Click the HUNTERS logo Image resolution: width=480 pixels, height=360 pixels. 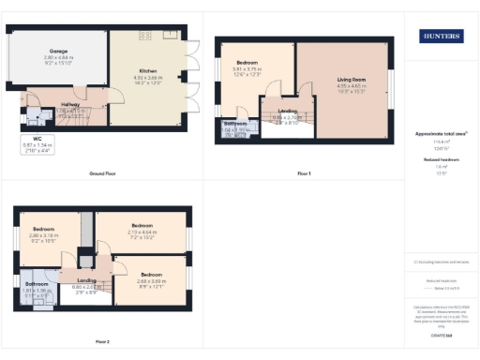[441, 37]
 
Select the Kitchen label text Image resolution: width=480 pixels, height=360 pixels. [146, 70]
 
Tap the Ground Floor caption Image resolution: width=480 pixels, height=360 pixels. [102, 174]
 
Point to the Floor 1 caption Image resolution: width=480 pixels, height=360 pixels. [303, 174]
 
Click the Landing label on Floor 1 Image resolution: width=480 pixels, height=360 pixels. [282, 111]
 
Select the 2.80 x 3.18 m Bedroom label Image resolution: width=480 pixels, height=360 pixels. [43, 229]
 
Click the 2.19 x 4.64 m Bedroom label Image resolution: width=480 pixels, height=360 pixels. [142, 226]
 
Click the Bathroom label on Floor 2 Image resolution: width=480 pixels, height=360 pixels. [37, 283]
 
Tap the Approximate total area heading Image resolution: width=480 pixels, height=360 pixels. [441, 134]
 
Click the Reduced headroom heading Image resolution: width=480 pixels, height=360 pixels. [441, 160]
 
